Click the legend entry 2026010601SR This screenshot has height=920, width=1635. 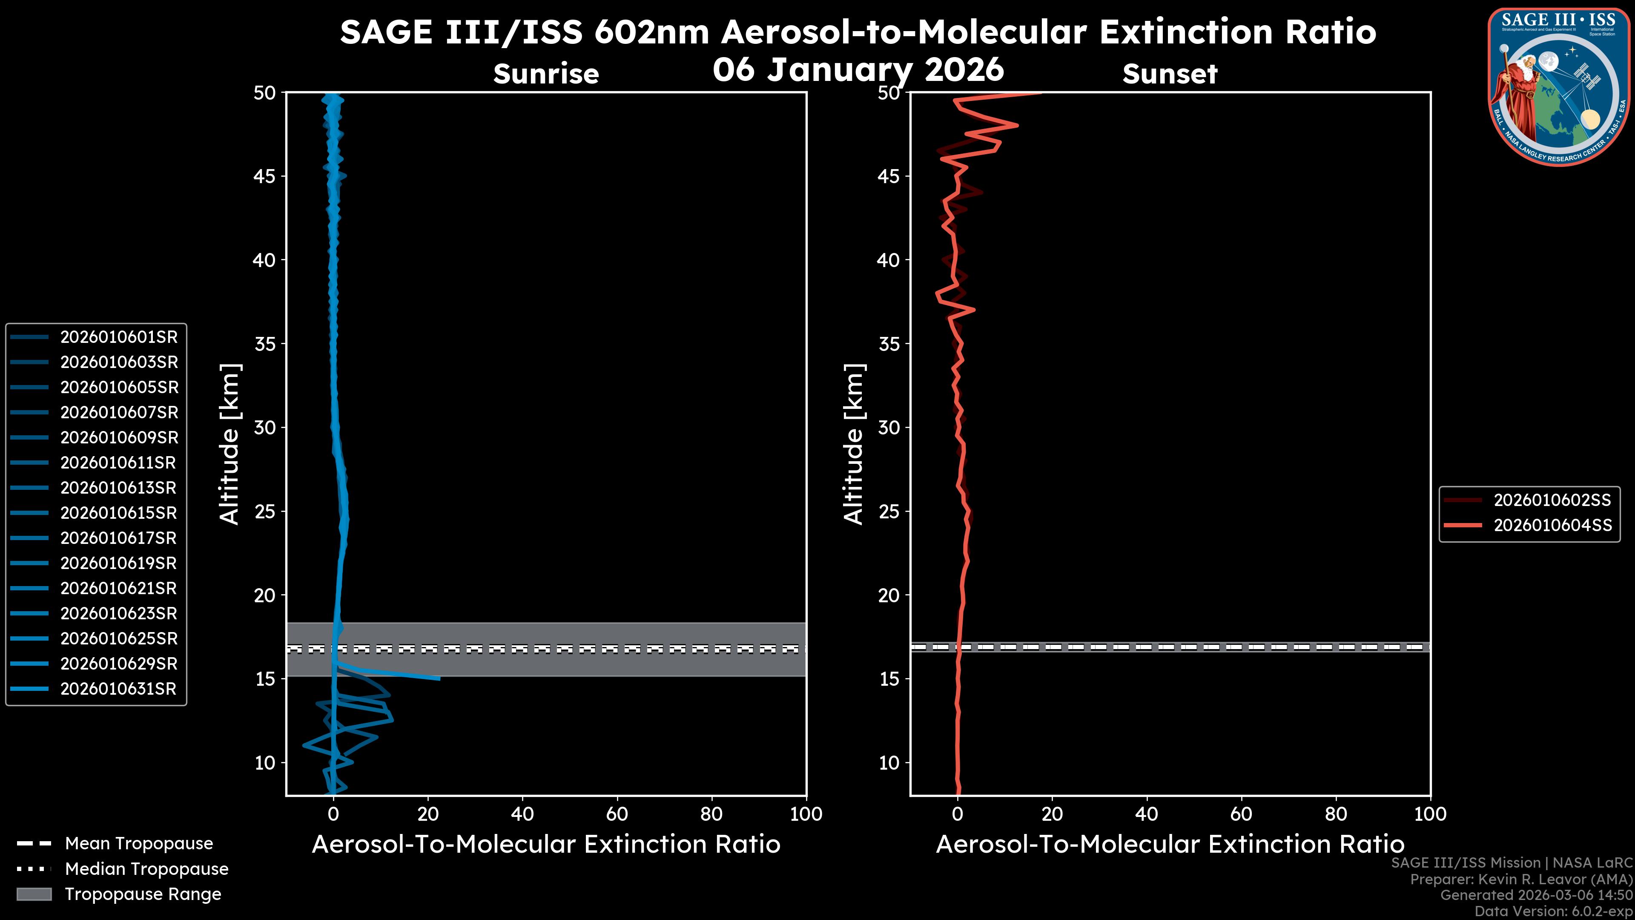(x=119, y=337)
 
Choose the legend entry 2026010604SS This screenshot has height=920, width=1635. (x=1552, y=526)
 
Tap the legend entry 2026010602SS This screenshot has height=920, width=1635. (x=1552, y=500)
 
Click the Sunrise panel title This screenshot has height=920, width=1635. (x=546, y=74)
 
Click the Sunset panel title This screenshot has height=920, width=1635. (x=1170, y=74)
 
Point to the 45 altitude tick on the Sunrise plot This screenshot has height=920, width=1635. (x=265, y=176)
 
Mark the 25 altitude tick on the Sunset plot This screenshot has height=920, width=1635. (x=889, y=512)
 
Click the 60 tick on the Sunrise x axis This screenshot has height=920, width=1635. (x=617, y=814)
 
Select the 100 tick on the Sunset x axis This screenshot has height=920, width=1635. (x=1430, y=814)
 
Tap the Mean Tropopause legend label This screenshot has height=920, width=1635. (x=139, y=844)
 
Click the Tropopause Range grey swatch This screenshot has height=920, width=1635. (x=34, y=894)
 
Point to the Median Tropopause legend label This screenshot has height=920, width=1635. (x=146, y=869)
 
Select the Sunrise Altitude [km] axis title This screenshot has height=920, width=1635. (x=229, y=444)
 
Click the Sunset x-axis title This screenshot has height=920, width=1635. (x=1170, y=845)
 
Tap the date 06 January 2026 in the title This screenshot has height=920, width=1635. (x=858, y=70)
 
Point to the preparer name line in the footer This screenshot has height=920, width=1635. (x=1521, y=880)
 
